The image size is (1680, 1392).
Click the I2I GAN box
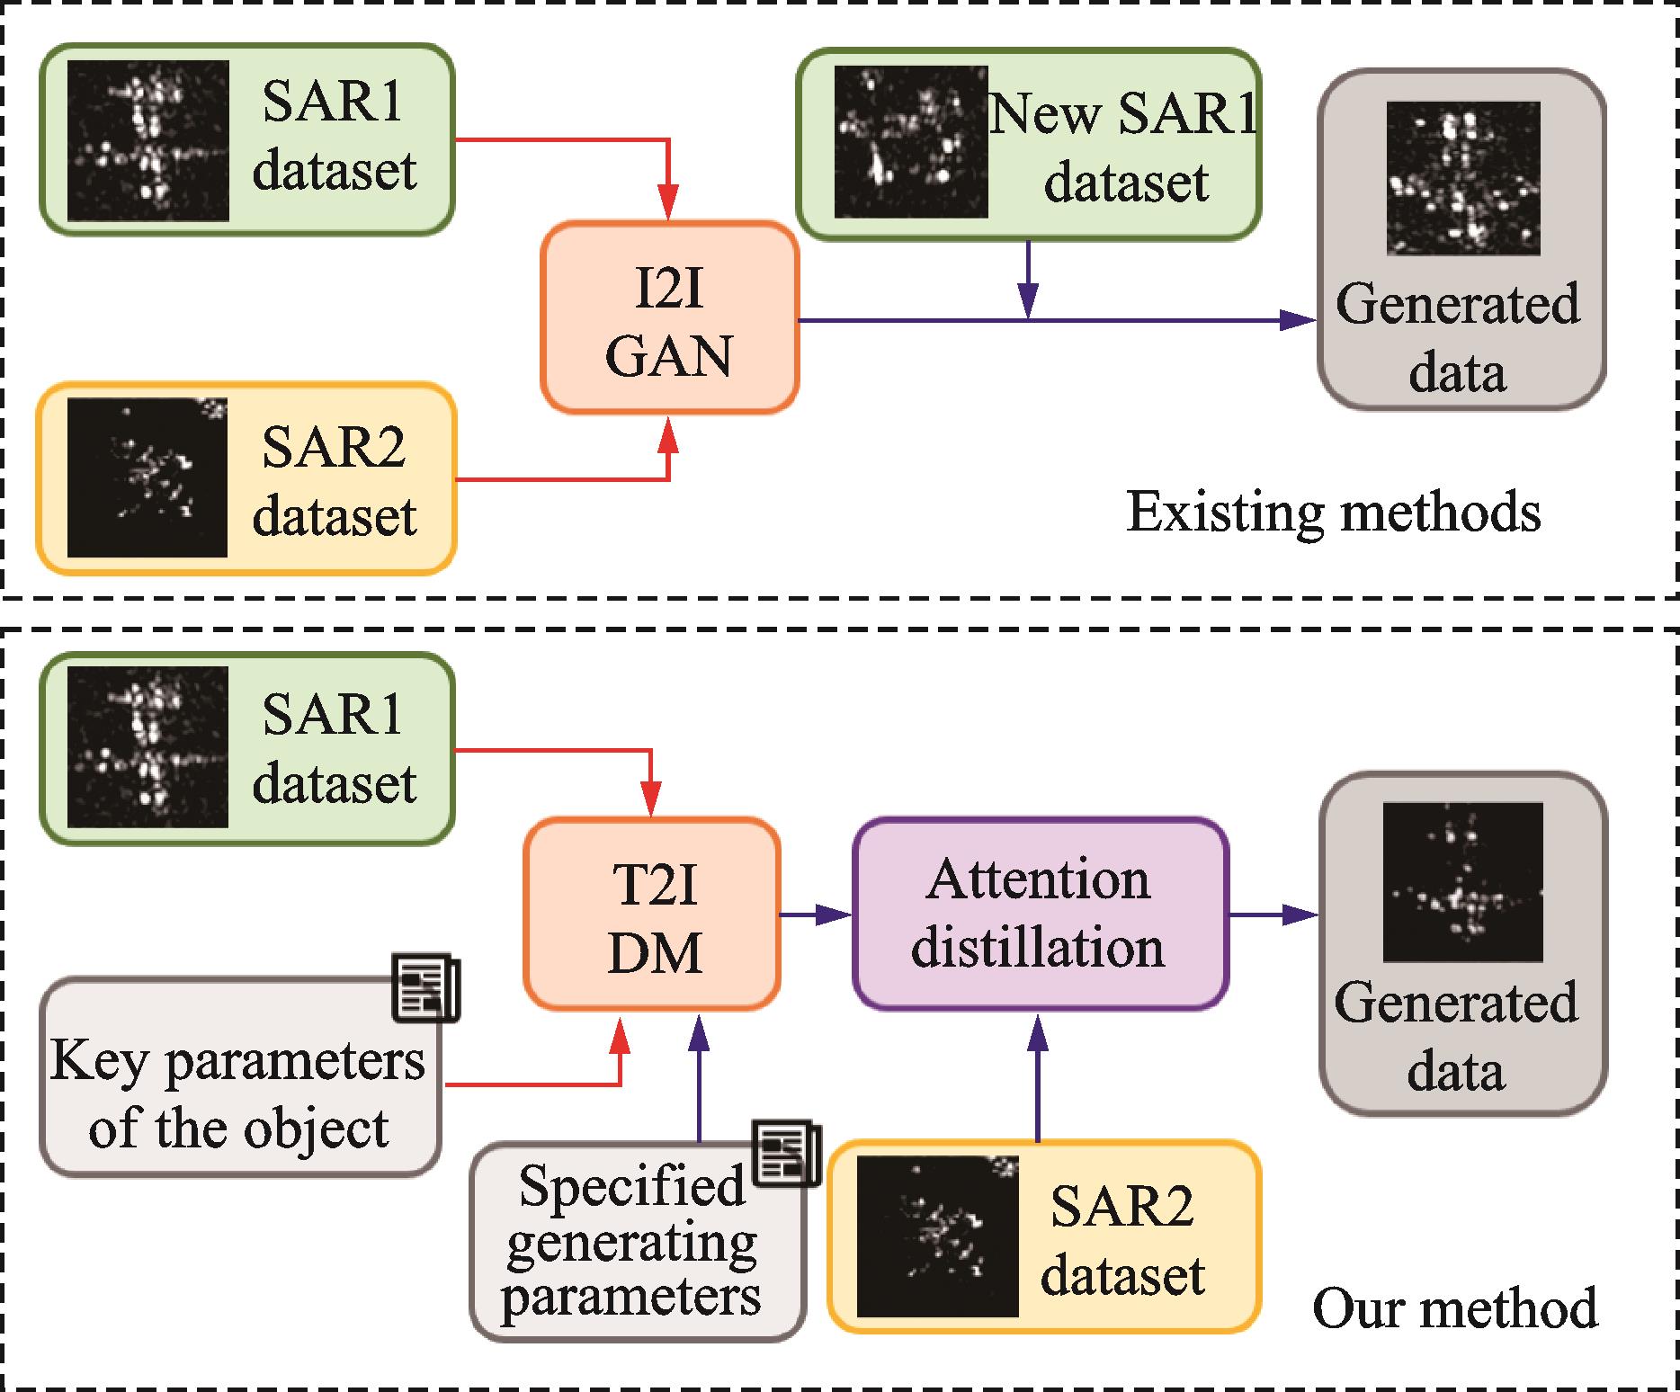(x=669, y=319)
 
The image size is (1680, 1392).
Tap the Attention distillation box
(x=1039, y=914)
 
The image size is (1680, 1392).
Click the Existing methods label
(x=1333, y=513)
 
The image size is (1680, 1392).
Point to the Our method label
(x=1455, y=1308)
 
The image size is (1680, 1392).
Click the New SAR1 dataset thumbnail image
(x=910, y=142)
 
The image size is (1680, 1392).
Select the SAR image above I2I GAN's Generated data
(x=1462, y=178)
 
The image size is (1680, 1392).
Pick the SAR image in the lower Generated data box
(x=1462, y=882)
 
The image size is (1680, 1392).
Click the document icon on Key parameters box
(x=426, y=987)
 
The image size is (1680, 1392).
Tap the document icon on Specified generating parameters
(x=786, y=1153)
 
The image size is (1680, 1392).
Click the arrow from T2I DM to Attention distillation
(x=815, y=915)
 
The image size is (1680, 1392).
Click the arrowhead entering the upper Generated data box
(x=1297, y=320)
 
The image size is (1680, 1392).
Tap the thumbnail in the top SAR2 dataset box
(x=147, y=477)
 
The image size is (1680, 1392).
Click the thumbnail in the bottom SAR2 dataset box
(x=937, y=1236)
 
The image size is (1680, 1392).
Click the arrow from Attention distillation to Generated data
(x=1273, y=915)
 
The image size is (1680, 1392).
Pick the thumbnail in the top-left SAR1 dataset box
(x=147, y=140)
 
